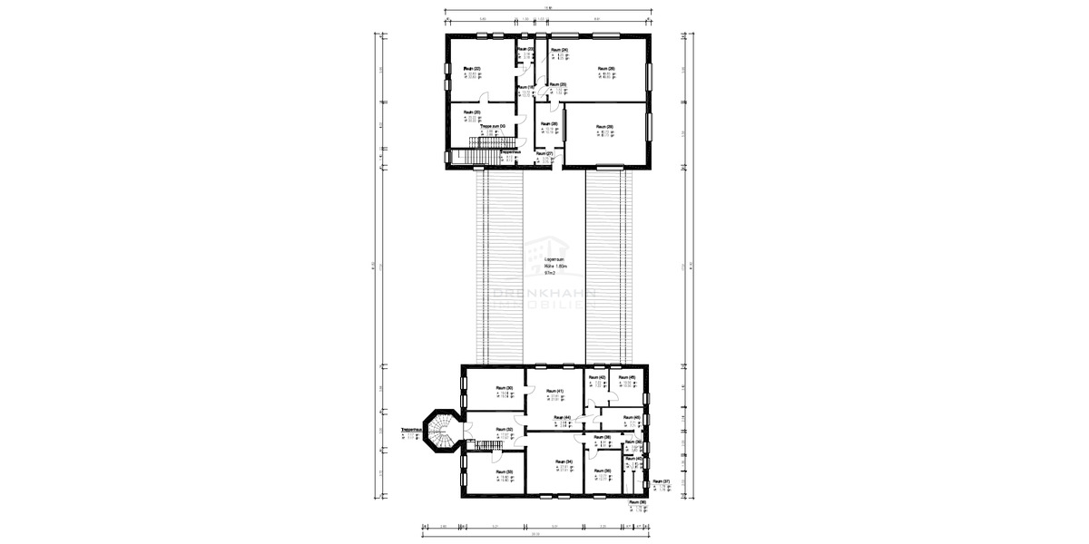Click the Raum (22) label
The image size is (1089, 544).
point(472,69)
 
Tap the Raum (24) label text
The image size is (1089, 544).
point(559,50)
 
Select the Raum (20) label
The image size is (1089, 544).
point(472,112)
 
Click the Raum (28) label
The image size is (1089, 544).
point(548,124)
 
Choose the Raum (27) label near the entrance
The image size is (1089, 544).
point(544,154)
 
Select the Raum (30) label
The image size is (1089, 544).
point(505,388)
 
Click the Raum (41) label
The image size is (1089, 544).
point(555,391)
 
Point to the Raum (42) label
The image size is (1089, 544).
point(596,377)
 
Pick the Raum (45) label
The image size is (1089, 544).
point(626,377)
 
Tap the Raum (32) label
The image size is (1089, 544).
point(505,430)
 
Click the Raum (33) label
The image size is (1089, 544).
point(505,471)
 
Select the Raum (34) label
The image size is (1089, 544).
point(563,461)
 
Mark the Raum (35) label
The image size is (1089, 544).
point(602,471)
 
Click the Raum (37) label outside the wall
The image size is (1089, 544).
point(661,481)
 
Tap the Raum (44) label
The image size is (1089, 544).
point(561,418)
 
